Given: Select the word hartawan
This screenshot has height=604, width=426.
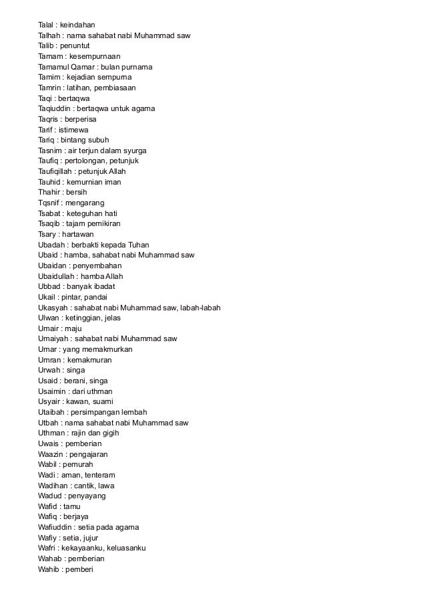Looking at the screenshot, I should coord(79,233).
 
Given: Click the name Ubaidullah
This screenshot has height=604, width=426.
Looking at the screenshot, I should coord(57,276).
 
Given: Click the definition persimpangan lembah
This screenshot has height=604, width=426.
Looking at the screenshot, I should coord(108,411).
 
